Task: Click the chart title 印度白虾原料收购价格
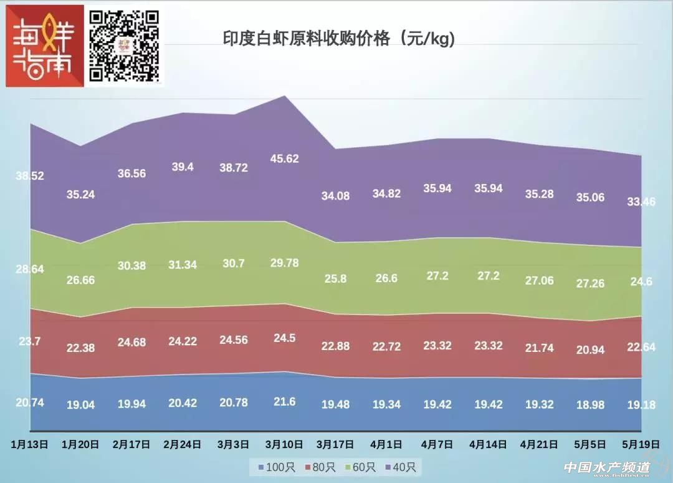339,39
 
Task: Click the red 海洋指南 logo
44,46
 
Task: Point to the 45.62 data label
284,159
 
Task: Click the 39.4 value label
182,167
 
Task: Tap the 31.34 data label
182,265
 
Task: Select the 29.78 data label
284,263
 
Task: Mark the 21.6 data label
284,402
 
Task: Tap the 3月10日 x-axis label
284,444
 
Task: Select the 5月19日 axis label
641,444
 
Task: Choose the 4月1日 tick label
386,444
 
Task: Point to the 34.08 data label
335,195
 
